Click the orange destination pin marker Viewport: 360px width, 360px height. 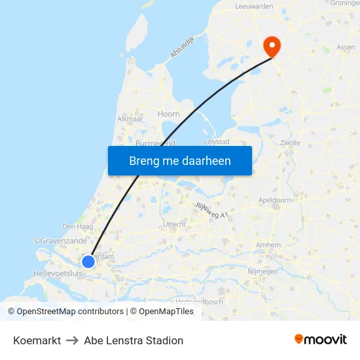click(271, 46)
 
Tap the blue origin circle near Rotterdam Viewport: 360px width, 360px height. click(88, 262)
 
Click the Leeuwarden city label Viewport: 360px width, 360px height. click(254, 6)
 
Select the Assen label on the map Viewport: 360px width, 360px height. click(346, 47)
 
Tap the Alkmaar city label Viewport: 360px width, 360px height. click(130, 119)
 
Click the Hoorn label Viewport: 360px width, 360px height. click(168, 114)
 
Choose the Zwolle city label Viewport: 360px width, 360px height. click(289, 142)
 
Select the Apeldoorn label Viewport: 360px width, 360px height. click(275, 200)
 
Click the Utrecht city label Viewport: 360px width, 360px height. click(174, 224)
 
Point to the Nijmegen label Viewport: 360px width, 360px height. click(264, 271)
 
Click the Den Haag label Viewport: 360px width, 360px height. click(78, 226)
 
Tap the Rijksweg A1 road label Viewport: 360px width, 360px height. click(213, 210)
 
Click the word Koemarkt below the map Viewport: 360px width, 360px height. click(37, 340)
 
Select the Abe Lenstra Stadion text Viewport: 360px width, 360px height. click(134, 340)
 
